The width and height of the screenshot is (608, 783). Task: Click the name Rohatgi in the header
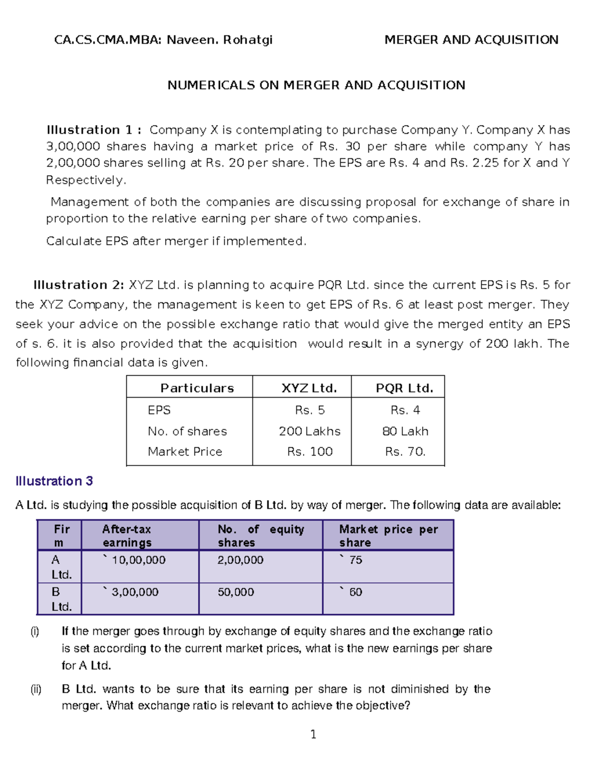point(248,40)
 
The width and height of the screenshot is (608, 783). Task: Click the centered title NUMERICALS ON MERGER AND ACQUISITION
point(316,85)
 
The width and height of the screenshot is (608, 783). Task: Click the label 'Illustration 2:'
point(79,285)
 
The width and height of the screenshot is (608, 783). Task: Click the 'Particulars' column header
point(197,388)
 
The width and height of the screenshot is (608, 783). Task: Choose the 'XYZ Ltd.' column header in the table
point(309,388)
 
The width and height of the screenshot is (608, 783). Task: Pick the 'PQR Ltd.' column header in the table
point(404,388)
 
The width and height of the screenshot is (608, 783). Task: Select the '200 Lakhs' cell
point(310,432)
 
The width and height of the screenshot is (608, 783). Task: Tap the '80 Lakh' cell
point(405,432)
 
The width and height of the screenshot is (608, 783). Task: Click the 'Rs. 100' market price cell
point(310,452)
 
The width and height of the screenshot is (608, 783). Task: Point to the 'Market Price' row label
point(185,452)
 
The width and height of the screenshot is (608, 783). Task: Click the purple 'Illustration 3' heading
point(54,481)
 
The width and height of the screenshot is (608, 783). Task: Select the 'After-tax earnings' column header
point(127,536)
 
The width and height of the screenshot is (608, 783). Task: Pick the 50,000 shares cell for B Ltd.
point(236,592)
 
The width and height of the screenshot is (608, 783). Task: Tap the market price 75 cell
point(355,560)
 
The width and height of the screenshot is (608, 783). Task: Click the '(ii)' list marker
point(35,689)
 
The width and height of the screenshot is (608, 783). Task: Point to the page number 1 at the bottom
point(313,734)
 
